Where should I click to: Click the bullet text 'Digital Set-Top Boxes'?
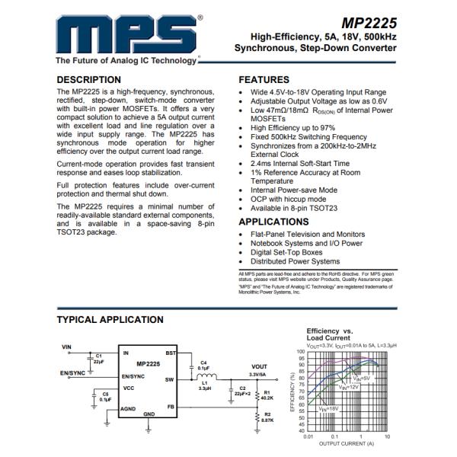pyautogui.click(x=286, y=252)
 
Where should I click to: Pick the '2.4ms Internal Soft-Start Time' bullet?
pyautogui.click(x=299, y=163)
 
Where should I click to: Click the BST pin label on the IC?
pyautogui.click(x=171, y=353)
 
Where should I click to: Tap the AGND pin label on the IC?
pyautogui.click(x=127, y=408)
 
